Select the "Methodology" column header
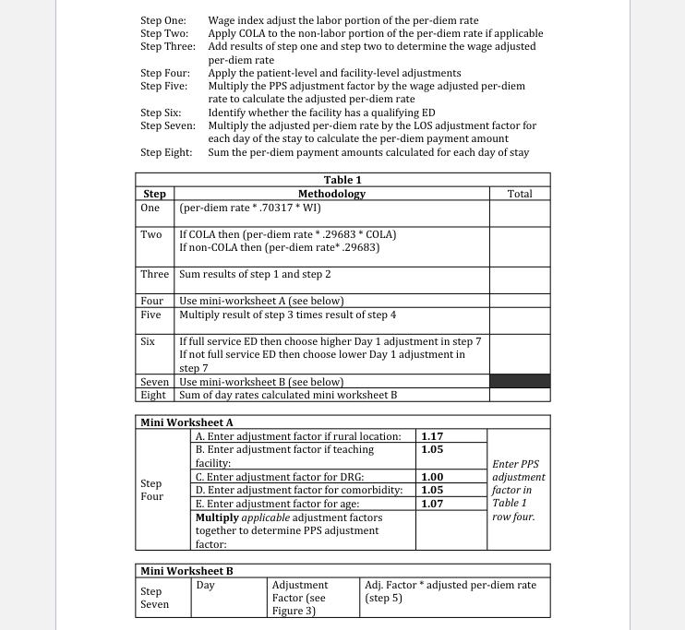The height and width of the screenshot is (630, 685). [331, 194]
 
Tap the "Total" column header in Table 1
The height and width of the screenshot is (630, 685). [520, 194]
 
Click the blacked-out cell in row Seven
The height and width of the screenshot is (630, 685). [520, 381]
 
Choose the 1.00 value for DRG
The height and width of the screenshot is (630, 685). [431, 476]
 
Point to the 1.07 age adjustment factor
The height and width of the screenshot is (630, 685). [431, 504]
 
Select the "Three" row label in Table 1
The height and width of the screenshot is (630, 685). [154, 274]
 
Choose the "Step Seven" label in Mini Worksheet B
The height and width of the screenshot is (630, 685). [154, 598]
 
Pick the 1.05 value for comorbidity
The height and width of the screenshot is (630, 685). [431, 490]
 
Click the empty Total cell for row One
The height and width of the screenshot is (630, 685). [520, 211]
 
